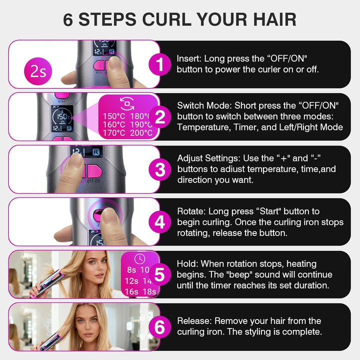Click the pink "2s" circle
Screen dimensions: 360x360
pos(38,71)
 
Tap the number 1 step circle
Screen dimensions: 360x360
pos(160,64)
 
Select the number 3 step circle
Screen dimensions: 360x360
pos(160,169)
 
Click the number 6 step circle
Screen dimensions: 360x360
pos(160,327)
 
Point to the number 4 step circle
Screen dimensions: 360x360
pos(160,222)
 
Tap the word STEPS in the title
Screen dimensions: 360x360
pos(107,19)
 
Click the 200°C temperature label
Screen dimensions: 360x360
pos(141,133)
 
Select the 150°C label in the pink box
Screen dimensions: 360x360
pos(114,116)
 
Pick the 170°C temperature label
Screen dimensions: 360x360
pos(114,133)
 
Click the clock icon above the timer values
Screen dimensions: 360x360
pos(140,259)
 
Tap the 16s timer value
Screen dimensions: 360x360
pos(131,291)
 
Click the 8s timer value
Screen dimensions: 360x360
pos(131,270)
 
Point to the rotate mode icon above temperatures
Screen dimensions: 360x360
pos(127,103)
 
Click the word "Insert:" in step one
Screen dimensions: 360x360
pos(189,58)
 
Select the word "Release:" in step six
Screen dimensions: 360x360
pos(194,321)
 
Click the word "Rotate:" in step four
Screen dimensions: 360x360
pos(191,211)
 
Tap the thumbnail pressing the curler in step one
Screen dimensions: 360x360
pos(84,64)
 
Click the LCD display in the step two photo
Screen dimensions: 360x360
pos(62,118)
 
